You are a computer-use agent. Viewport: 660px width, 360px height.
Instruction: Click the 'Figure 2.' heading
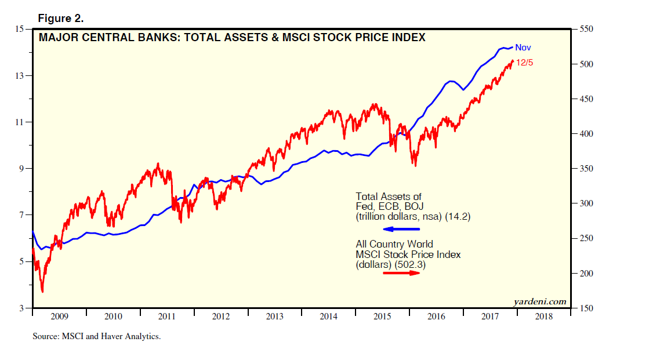[61, 19]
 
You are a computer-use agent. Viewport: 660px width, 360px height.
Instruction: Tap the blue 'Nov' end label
[523, 48]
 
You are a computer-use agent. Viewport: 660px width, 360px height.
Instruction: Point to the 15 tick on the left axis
[19, 29]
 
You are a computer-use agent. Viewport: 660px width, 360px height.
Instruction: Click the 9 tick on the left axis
[21, 169]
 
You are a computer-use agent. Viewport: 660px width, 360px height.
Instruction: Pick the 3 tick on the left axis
[21, 308]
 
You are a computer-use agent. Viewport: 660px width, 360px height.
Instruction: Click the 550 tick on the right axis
[586, 29]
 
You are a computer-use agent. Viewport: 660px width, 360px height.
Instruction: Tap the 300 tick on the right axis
[586, 203]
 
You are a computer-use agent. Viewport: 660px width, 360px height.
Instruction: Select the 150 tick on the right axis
[586, 308]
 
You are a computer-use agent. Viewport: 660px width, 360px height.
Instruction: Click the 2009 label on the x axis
[59, 317]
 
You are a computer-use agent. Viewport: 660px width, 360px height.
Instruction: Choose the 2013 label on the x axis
[275, 317]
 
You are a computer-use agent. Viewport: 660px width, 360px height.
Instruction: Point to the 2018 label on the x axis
[544, 317]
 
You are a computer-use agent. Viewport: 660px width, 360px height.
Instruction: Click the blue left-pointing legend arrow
[400, 229]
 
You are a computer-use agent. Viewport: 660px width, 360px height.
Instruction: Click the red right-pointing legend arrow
[401, 272]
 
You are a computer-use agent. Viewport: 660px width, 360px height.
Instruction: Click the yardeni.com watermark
[539, 301]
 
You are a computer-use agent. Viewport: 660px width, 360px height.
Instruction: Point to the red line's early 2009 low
[42, 291]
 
